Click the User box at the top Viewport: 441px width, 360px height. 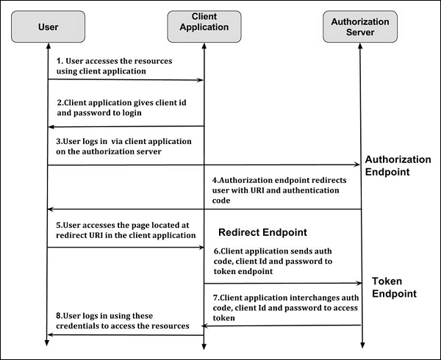click(x=47, y=27)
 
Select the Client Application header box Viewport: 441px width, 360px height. click(x=204, y=27)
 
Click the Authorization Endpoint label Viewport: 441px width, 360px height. click(x=398, y=165)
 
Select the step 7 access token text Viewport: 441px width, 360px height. click(x=280, y=308)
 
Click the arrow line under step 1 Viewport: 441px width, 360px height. click(x=125, y=79)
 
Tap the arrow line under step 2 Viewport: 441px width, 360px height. click(x=125, y=126)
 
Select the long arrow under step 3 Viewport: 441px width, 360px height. click(x=203, y=165)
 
